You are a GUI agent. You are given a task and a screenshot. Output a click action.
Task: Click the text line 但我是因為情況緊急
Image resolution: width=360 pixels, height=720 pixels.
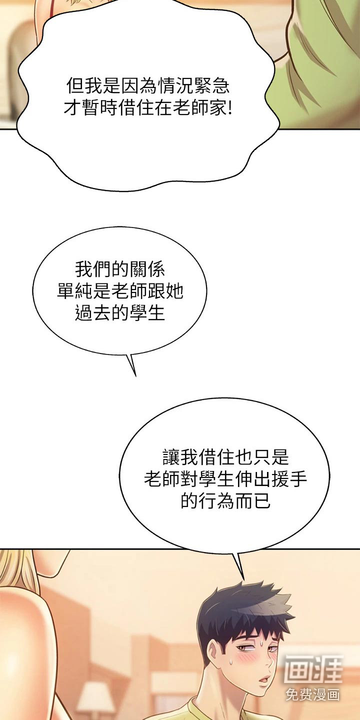click(x=148, y=85)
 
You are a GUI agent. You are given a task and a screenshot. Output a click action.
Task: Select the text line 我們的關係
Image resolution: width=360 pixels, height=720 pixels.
click(x=120, y=269)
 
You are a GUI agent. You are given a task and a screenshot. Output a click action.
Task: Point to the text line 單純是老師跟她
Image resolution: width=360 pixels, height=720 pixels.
click(x=120, y=291)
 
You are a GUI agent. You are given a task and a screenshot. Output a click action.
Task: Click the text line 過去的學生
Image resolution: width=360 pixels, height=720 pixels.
click(x=120, y=313)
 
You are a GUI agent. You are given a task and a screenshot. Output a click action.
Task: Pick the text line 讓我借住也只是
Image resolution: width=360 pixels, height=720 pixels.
click(x=225, y=457)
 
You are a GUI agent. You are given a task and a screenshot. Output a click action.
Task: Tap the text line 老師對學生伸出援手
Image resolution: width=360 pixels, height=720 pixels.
click(x=225, y=479)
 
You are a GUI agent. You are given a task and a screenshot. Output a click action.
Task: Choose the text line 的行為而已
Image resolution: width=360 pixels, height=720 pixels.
click(x=225, y=501)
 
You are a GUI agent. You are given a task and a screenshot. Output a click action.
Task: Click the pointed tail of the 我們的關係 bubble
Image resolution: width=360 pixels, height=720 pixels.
click(x=135, y=375)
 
